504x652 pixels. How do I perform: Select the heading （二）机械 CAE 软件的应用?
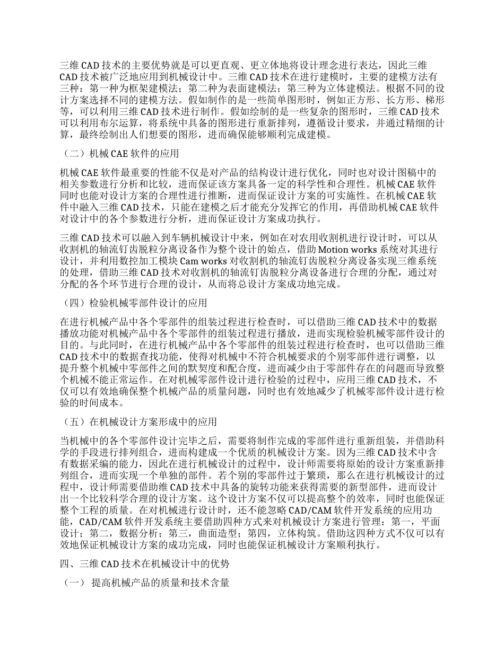pyautogui.click(x=120, y=154)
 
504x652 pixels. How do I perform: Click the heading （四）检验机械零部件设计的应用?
pyautogui.click(x=134, y=304)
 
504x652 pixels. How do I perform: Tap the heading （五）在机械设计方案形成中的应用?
pyautogui.click(x=139, y=422)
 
